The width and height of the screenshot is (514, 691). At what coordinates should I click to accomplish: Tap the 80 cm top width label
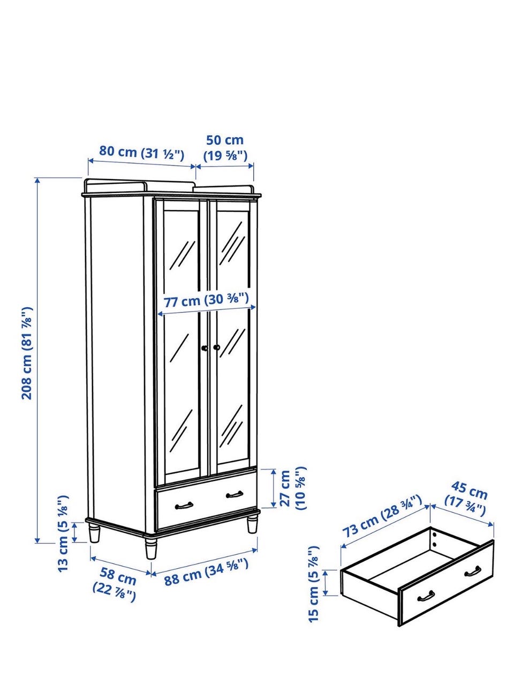pyautogui.click(x=142, y=153)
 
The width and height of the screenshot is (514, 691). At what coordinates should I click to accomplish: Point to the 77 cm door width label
pyautogui.click(x=206, y=300)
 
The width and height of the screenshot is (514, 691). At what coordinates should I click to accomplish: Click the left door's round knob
pyautogui.click(x=205, y=348)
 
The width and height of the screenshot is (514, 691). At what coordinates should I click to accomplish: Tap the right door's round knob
pyautogui.click(x=216, y=347)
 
